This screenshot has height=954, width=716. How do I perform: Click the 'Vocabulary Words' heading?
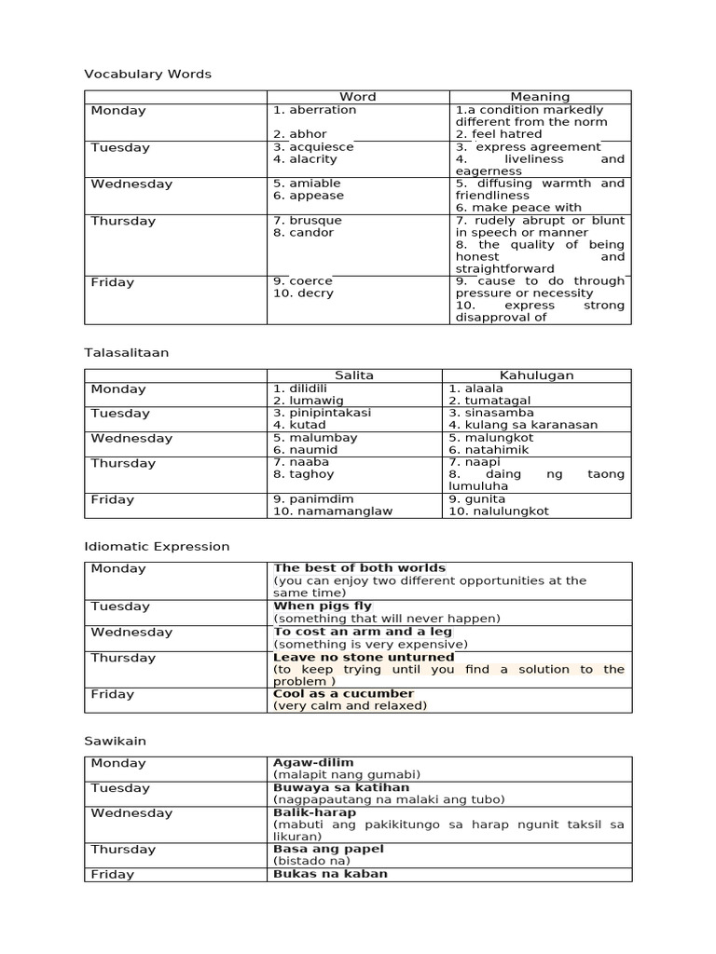(x=147, y=74)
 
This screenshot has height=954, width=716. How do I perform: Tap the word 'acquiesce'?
(x=313, y=147)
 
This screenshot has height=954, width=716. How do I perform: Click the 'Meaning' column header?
(x=540, y=97)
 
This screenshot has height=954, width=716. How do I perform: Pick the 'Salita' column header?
(x=354, y=375)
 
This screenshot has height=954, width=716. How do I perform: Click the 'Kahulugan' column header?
(x=536, y=375)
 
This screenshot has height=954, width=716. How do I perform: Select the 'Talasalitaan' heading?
(x=126, y=353)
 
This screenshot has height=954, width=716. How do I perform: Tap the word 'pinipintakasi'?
(x=322, y=413)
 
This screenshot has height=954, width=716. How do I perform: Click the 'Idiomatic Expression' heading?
(x=157, y=546)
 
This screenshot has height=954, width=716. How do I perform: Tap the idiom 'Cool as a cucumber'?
(x=343, y=693)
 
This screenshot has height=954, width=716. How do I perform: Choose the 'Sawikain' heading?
(x=115, y=741)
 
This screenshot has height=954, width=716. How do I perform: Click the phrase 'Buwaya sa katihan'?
(x=341, y=787)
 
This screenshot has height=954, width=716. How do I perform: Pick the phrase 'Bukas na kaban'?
(x=330, y=874)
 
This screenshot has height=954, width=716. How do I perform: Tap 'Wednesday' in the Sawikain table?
(x=131, y=813)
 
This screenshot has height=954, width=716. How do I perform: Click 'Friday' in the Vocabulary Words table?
(x=113, y=282)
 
